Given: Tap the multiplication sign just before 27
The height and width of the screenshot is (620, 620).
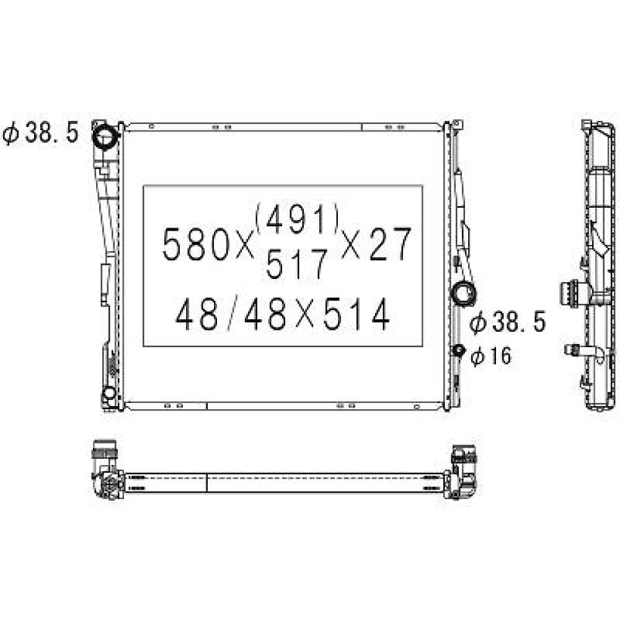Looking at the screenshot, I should [x=351, y=244].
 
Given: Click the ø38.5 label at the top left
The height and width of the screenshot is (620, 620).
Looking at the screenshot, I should [x=41, y=133].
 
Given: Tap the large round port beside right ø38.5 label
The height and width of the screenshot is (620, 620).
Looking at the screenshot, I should [x=463, y=292].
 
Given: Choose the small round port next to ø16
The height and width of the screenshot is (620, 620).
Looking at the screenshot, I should [x=459, y=352].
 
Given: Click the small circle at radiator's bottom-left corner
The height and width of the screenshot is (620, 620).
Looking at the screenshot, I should [x=109, y=392].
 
